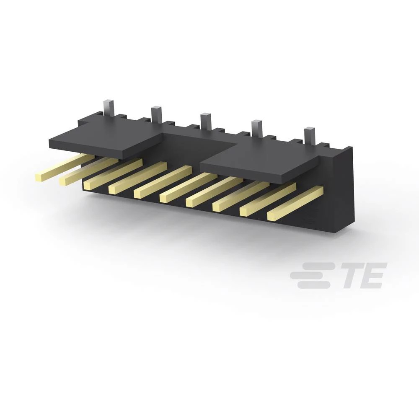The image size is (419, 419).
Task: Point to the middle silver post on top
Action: (x=205, y=121)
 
